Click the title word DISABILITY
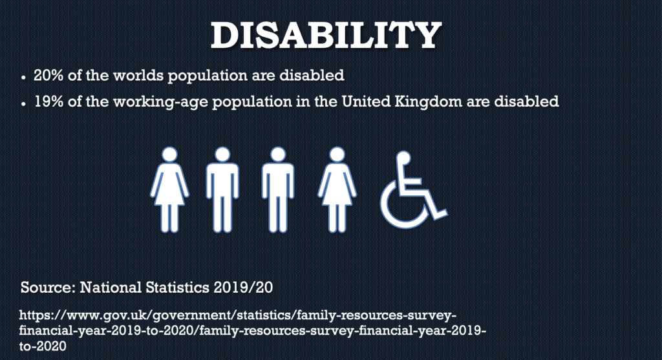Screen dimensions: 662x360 (x=326, y=36)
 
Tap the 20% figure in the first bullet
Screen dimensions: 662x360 (x=48, y=75)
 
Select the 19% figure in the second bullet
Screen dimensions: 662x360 (x=48, y=101)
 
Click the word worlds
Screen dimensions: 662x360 (x=138, y=75)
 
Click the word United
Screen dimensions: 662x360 (x=366, y=101)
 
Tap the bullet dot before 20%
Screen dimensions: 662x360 (x=24, y=78)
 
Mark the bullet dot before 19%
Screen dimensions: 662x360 (x=24, y=104)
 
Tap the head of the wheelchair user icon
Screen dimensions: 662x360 (x=403, y=158)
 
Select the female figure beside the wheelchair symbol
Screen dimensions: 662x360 (x=337, y=189)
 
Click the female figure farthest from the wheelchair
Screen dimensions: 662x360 (x=169, y=189)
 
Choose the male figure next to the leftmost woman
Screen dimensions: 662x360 (x=222, y=189)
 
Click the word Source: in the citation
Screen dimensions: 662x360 (x=48, y=288)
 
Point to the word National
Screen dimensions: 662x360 (x=111, y=288)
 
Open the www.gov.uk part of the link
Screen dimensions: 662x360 (x=107, y=315)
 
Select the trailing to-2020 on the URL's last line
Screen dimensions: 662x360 (x=43, y=346)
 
